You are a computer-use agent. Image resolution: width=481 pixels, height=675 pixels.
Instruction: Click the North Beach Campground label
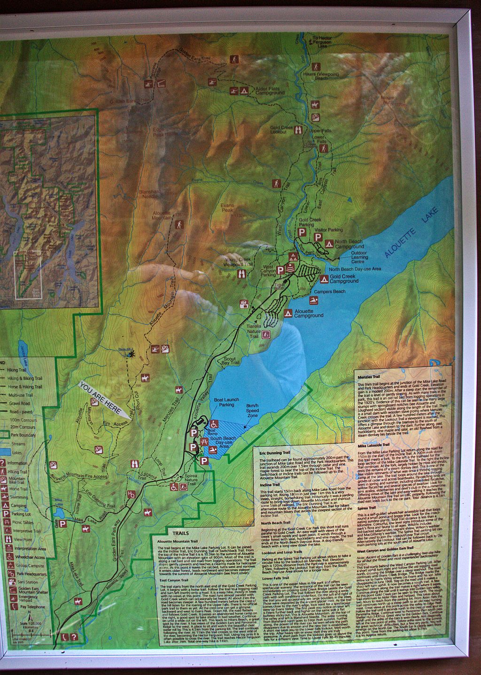pos(349,244)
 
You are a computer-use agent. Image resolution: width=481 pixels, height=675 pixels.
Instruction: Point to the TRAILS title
pos(180,534)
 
